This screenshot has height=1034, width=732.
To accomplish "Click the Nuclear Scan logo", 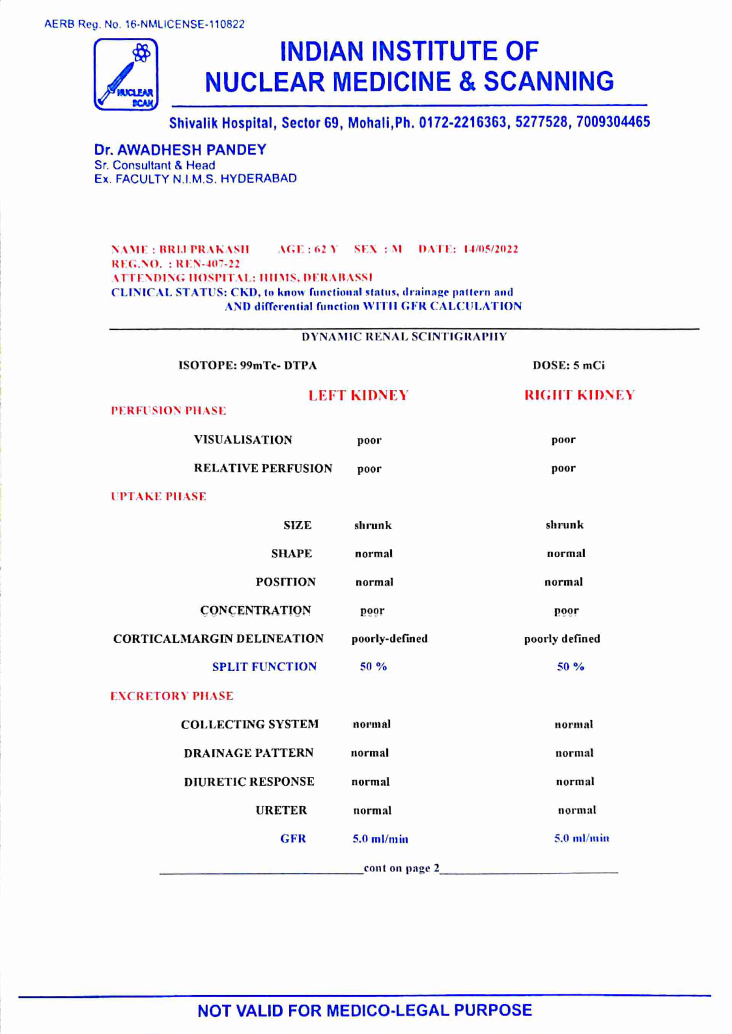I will (126, 74).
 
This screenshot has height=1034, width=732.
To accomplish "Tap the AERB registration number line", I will (144, 24).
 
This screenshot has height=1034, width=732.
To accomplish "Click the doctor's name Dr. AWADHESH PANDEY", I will (180, 150).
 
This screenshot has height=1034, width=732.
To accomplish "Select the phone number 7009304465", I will (613, 122).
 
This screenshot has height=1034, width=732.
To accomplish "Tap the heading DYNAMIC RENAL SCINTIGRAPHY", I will (404, 337).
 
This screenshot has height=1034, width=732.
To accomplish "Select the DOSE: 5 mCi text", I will (568, 365).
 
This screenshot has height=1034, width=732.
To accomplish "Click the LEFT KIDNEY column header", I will (358, 396).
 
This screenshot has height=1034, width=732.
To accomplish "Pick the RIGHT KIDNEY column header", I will (579, 396).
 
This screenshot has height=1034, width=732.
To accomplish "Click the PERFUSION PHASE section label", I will (168, 411).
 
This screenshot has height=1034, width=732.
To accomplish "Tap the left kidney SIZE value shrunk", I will (373, 525).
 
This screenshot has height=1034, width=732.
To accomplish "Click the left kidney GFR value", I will (380, 839).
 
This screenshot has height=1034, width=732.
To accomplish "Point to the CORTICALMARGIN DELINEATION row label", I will (218, 639).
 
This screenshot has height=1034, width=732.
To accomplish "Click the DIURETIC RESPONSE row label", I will (249, 782).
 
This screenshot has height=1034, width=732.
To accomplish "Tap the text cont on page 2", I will (401, 868).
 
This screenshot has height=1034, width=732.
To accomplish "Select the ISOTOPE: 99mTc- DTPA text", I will (247, 365).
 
